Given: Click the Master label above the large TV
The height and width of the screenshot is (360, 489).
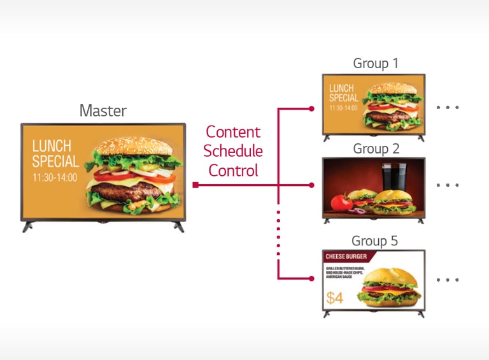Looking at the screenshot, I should [103, 110].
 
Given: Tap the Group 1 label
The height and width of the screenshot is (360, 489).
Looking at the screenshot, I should [375, 64].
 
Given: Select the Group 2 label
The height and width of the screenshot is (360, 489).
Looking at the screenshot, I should [376, 148].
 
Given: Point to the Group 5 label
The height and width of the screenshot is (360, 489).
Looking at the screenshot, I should [375, 241].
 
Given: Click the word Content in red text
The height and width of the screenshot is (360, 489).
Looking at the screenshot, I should [233, 132].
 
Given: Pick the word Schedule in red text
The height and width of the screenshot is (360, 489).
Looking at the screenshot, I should [233, 151].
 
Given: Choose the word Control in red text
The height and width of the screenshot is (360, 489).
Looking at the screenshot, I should [233, 171].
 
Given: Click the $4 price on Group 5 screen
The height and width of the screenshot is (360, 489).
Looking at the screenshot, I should [334, 298].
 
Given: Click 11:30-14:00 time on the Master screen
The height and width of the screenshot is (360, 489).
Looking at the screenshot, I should [55, 177].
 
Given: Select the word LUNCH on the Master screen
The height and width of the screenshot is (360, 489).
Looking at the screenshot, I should [52, 146].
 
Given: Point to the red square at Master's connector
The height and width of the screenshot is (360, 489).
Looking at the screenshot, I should [195, 185].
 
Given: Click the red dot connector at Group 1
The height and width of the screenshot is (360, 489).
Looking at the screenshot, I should [311, 108].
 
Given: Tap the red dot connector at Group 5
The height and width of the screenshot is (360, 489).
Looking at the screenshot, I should [311, 278].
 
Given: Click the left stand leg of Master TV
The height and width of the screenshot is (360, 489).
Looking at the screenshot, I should [29, 226].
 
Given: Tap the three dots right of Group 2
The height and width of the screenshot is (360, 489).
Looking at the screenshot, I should [448, 185].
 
